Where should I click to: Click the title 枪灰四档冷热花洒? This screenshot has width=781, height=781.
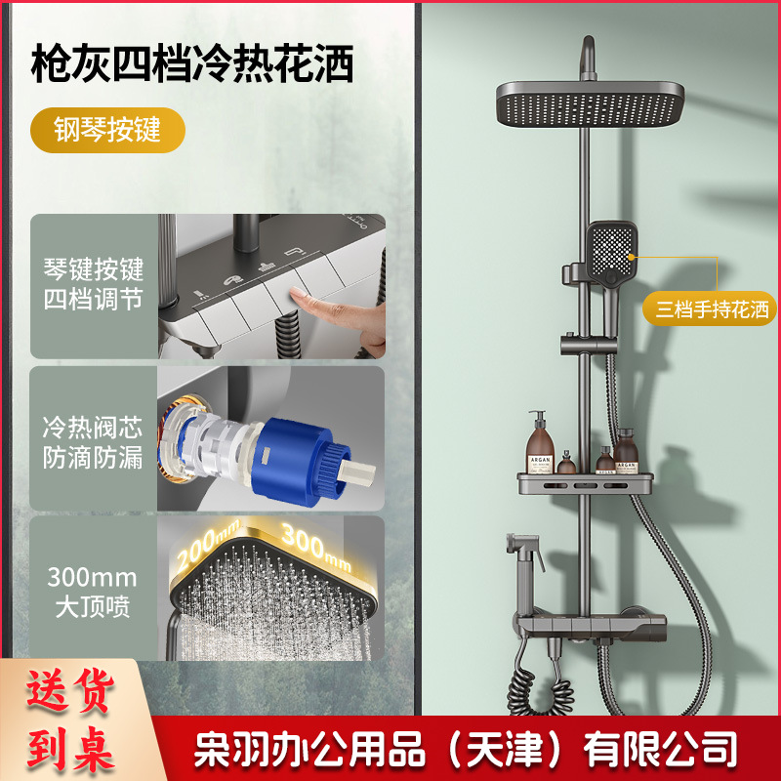click(192, 65)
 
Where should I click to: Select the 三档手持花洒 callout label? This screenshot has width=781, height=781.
click(713, 310)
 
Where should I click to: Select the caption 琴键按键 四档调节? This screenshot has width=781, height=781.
click(93, 283)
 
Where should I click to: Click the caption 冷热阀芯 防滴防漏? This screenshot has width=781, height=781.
click(93, 442)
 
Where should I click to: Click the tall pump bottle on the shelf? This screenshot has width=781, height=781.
click(538, 444)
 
